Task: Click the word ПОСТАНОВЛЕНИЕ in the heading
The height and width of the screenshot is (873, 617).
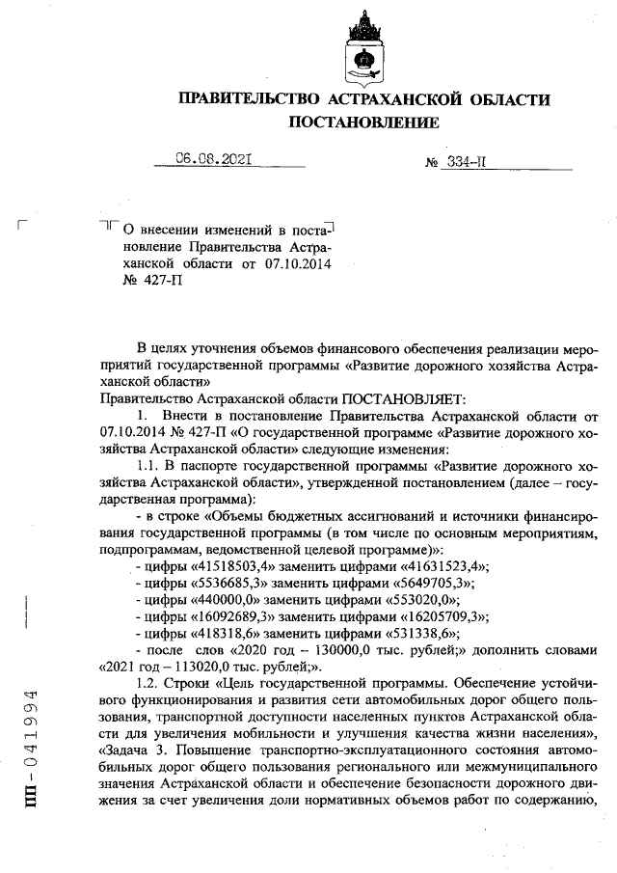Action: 363,123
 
